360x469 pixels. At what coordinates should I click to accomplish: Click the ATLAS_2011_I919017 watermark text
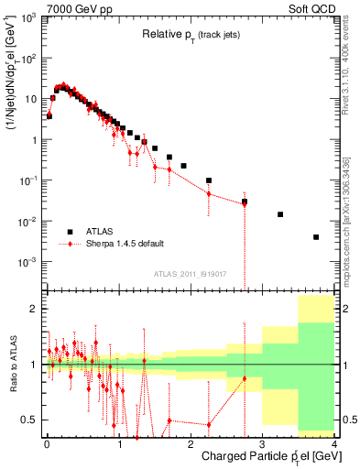(x=190, y=273)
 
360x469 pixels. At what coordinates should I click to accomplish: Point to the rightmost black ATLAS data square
(x=316, y=237)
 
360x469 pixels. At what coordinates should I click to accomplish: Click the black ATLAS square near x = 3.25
(x=280, y=214)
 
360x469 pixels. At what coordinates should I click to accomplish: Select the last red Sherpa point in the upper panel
(x=245, y=203)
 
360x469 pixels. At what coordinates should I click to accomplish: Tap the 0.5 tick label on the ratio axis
(x=30, y=420)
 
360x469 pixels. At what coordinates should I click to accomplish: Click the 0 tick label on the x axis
(x=46, y=443)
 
